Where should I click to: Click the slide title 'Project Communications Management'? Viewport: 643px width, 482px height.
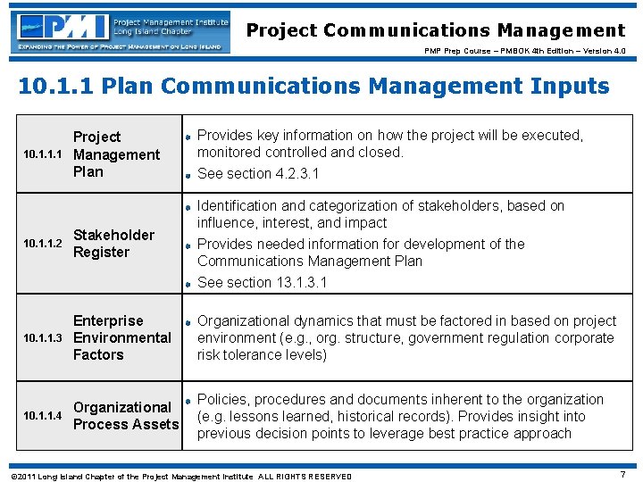pyautogui.click(x=436, y=30)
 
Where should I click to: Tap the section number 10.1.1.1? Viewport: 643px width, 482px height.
pyautogui.click(x=43, y=154)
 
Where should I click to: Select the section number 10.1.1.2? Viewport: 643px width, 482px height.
pyautogui.click(x=43, y=244)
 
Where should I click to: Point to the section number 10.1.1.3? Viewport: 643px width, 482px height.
pyautogui.click(x=43, y=338)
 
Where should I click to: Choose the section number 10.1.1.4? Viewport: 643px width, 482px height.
pyautogui.click(x=43, y=416)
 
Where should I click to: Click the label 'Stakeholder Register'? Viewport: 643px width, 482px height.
pyautogui.click(x=113, y=244)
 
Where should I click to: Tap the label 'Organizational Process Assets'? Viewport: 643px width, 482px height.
pyautogui.click(x=126, y=416)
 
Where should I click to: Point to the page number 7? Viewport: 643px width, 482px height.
pyautogui.click(x=622, y=475)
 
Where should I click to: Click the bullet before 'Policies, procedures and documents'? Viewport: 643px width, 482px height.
pyautogui.click(x=188, y=400)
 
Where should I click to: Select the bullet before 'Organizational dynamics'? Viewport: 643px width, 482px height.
pyautogui.click(x=188, y=321)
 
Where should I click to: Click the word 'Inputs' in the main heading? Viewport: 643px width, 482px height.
pyautogui.click(x=557, y=87)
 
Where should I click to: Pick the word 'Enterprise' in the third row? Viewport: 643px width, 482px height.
pyautogui.click(x=108, y=320)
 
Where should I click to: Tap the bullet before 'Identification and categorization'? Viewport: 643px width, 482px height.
pyautogui.click(x=188, y=206)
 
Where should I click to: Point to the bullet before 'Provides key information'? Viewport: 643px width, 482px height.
pyautogui.click(x=188, y=136)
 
